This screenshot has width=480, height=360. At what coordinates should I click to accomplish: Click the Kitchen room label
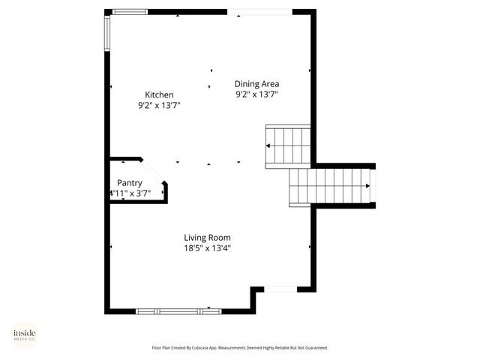tap(159, 94)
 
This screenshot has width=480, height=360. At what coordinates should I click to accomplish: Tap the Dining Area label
tap(257, 84)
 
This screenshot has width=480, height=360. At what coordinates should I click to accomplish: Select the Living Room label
tap(207, 238)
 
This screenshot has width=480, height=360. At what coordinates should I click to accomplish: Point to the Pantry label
tap(130, 183)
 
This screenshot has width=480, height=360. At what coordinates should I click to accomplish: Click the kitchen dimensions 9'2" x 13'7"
tap(159, 106)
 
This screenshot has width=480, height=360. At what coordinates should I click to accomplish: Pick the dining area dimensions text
tap(257, 95)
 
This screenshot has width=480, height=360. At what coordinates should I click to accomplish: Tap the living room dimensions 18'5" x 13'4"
tap(207, 248)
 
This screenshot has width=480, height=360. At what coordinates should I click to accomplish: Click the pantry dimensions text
tap(131, 193)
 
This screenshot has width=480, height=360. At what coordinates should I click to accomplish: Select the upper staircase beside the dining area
tap(289, 145)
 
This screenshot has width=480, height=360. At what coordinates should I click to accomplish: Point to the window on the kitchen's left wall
tap(107, 34)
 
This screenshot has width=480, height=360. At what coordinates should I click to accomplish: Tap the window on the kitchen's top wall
tap(130, 11)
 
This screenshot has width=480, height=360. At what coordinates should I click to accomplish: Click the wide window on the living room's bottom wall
tap(178, 310)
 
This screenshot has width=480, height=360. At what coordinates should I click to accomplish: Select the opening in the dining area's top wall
tap(259, 11)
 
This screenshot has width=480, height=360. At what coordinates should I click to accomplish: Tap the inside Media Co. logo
tap(25, 334)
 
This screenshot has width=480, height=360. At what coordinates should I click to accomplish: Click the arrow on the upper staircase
tap(269, 145)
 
